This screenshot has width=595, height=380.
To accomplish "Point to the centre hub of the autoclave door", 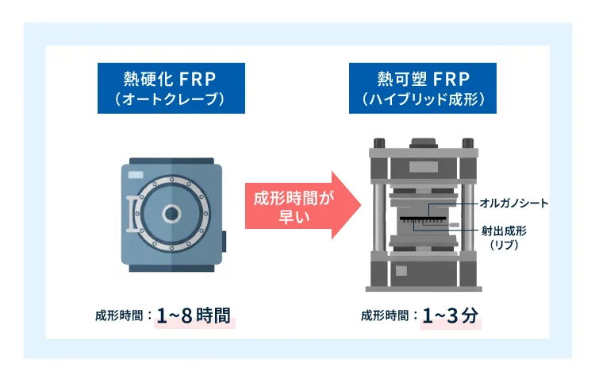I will tap(171, 212).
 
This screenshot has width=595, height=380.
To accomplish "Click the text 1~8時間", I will tap(195, 316).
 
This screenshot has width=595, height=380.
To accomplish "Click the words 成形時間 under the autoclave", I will tap(117, 316).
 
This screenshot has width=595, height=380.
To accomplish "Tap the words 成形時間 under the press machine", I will tap(384, 316).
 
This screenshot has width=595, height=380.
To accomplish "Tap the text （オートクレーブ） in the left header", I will tap(170, 100).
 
